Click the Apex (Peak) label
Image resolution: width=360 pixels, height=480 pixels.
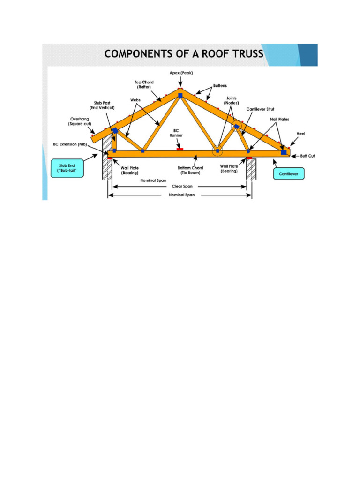coord(181,73)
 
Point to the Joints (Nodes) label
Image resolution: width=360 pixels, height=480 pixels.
coord(231,100)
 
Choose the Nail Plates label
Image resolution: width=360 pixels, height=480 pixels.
coord(279,120)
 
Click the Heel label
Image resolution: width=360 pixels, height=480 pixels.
coord(300,133)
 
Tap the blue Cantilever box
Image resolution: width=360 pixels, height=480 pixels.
coord(289,174)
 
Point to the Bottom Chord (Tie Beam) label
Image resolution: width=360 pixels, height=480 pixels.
coord(190,170)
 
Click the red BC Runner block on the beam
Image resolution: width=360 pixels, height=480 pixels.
coord(180,149)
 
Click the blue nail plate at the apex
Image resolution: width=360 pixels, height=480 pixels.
coord(180,96)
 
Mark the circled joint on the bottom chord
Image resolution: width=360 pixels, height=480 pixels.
coord(217,151)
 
